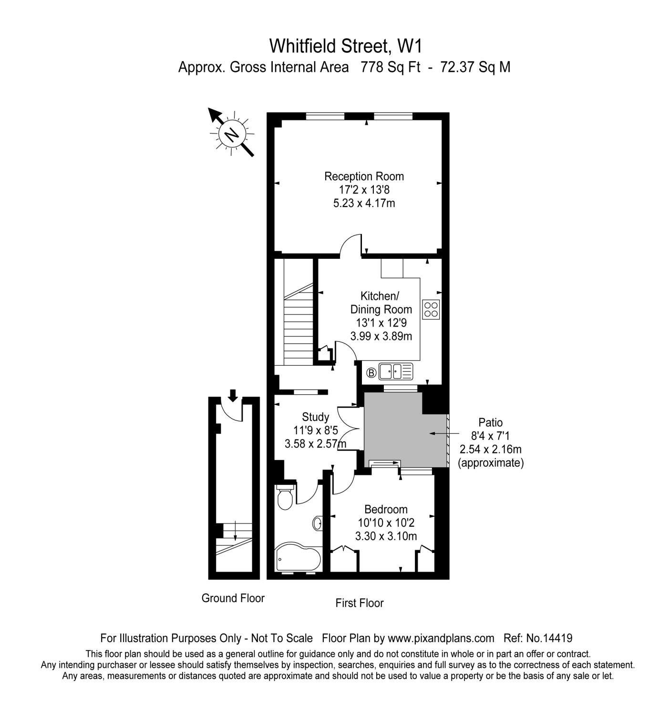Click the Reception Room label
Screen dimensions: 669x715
364,176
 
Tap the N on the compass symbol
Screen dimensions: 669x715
232,134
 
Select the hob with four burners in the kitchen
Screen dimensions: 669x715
431,309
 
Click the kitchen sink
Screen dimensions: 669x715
395,370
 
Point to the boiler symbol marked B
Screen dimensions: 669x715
371,372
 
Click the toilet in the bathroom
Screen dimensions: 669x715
285,498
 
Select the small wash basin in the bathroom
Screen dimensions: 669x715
318,523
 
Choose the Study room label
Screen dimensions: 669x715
315,417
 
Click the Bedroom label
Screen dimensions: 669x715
386,509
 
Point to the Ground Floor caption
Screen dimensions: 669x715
233,598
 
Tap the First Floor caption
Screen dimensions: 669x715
359,603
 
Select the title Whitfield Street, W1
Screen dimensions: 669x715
346,46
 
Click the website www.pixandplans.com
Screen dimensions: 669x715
441,638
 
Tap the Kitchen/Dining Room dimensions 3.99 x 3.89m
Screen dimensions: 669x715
381,336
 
